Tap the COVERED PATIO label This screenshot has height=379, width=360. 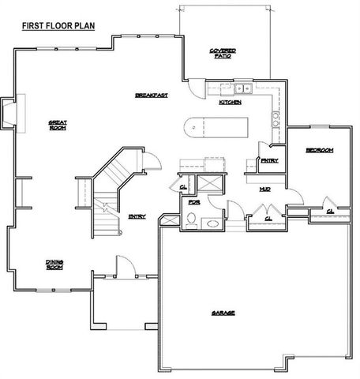pos(223,53)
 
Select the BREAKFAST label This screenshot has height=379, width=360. pos(152,95)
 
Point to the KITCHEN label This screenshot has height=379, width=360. pos(230,103)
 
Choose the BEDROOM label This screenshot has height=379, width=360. pos(319,149)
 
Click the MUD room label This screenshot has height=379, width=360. pos(265,189)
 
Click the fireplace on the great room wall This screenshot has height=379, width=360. pos(9,113)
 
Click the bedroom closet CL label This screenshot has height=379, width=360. pos(327,211)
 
